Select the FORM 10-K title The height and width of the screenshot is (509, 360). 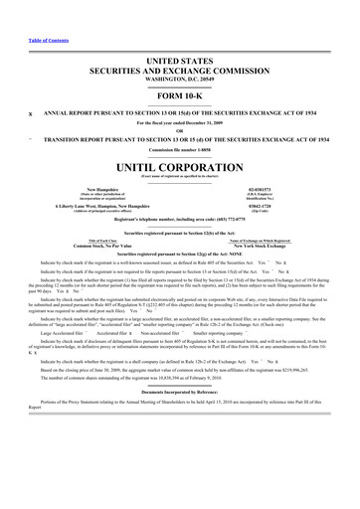179,96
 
